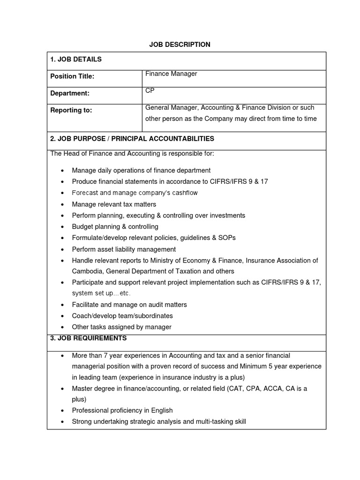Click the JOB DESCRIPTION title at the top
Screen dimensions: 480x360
click(180, 45)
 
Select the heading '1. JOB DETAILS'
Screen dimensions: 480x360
click(75, 60)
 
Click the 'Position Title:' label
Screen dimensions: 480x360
click(72, 76)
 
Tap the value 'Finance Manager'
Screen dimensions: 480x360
click(171, 74)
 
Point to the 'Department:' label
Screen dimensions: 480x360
click(70, 93)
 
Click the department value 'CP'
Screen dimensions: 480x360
click(150, 90)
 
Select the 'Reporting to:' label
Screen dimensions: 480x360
click(71, 110)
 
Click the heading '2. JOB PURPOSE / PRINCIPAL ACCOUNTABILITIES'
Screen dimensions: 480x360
click(132, 139)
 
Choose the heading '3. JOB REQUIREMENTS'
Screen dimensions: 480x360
click(89, 338)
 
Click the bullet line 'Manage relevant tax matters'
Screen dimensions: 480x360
click(114, 204)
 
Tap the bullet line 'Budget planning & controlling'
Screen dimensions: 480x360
click(115, 227)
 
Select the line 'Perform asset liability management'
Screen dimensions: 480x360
click(124, 249)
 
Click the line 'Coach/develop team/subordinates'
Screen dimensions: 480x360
click(122, 316)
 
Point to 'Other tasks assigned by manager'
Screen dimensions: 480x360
click(121, 327)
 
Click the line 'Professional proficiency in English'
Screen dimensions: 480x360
click(122, 410)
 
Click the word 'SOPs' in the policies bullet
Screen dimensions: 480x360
click(227, 238)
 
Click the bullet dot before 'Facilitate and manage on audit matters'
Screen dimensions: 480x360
click(62, 305)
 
